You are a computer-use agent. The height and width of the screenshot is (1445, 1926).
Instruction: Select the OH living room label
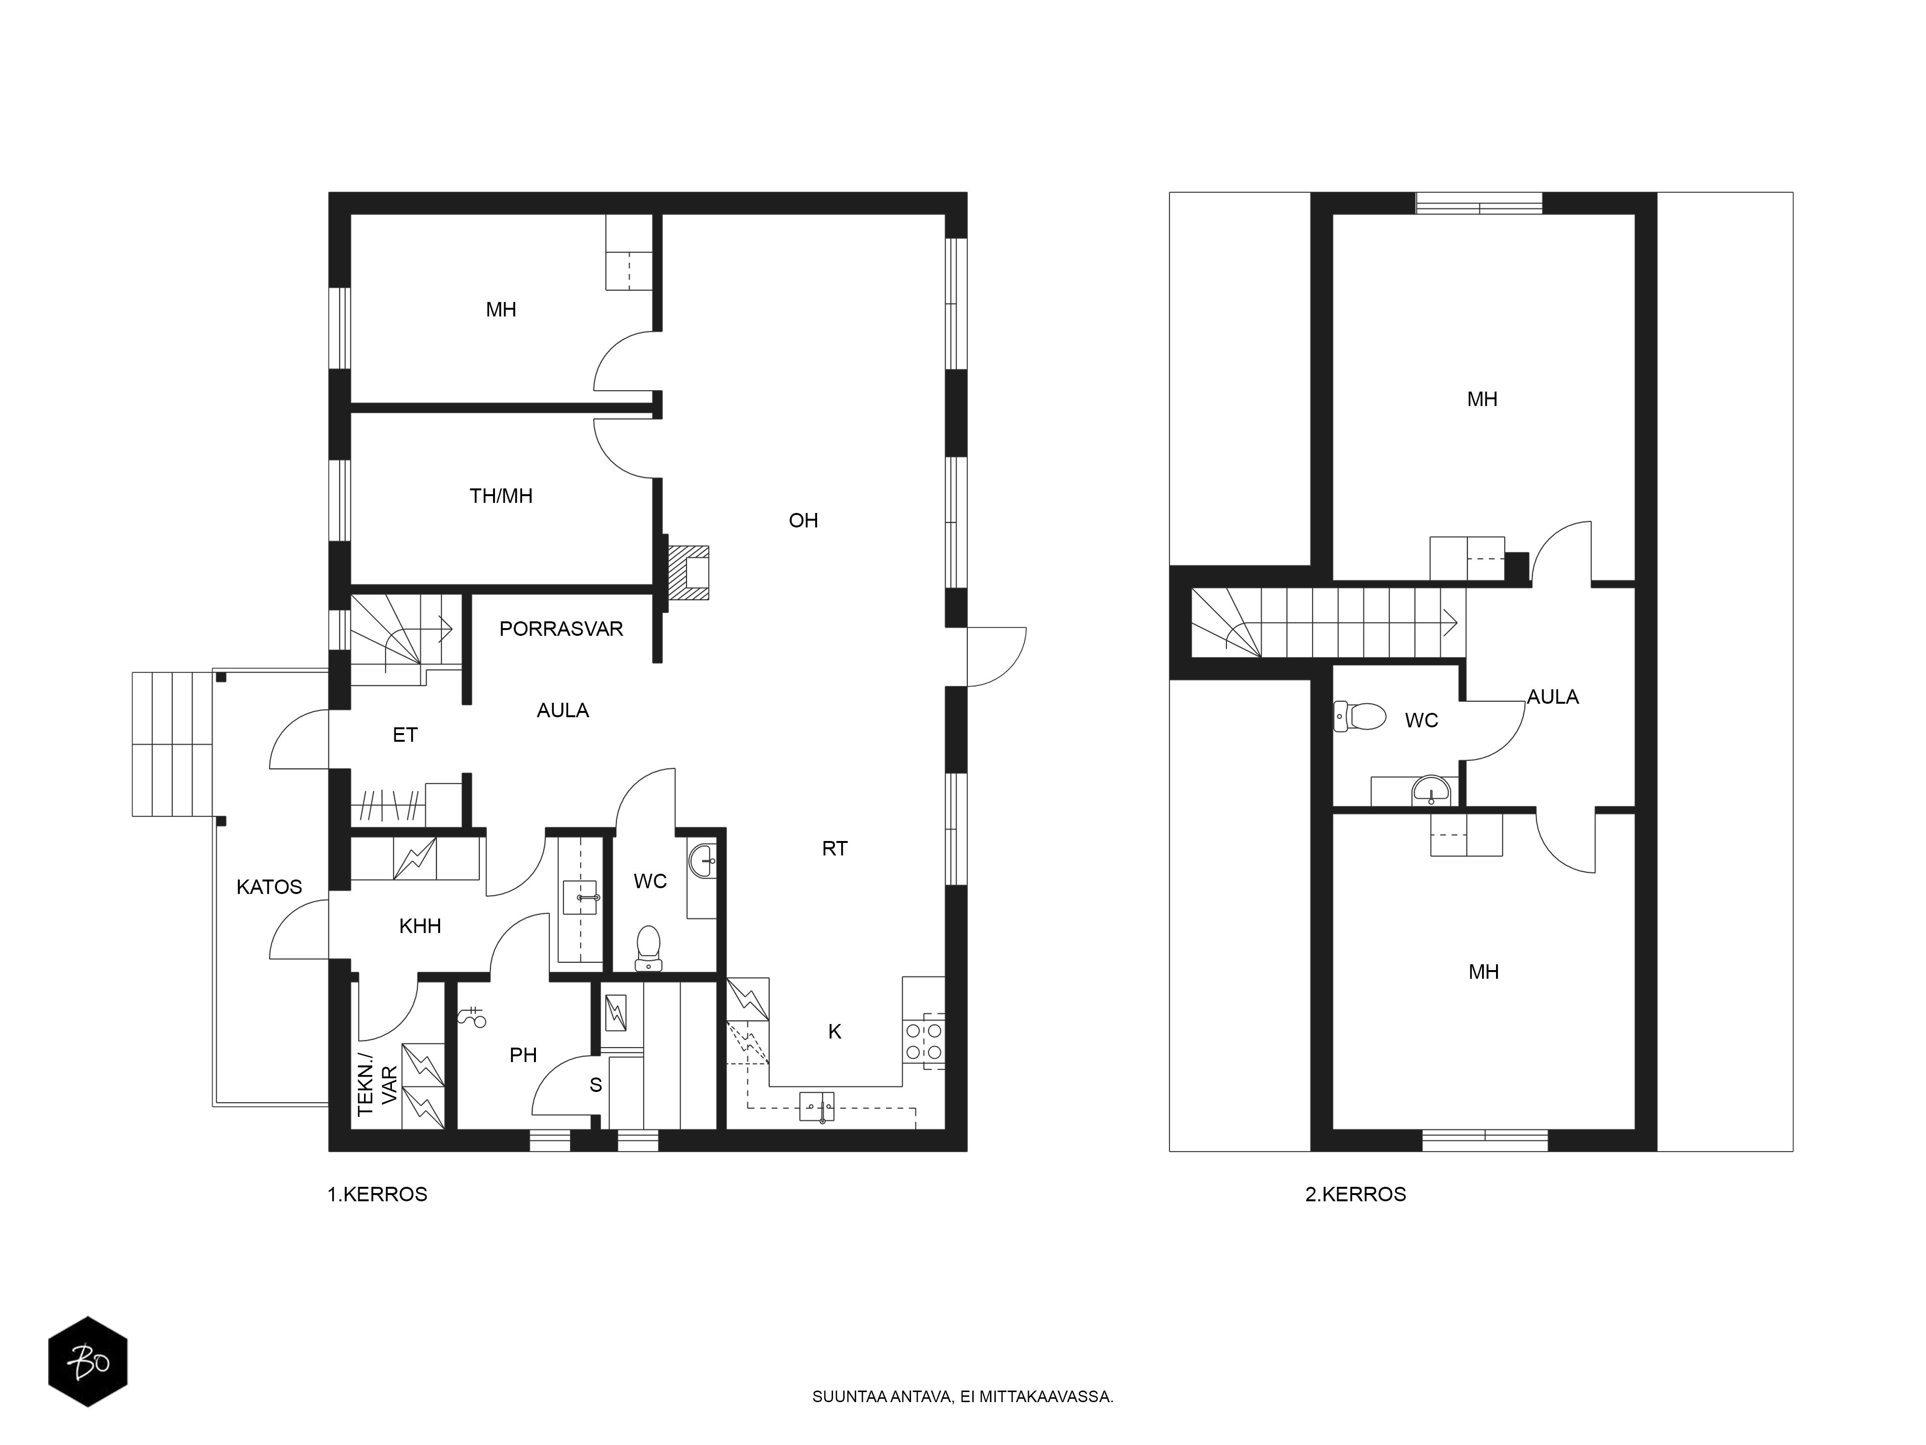click(803, 520)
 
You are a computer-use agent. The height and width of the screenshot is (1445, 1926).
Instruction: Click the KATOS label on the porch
click(269, 887)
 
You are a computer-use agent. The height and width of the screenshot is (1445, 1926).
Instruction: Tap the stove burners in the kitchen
click(924, 1041)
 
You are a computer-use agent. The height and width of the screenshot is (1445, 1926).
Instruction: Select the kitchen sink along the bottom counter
click(817, 1107)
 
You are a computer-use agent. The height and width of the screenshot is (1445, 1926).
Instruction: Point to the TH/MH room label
click(501, 496)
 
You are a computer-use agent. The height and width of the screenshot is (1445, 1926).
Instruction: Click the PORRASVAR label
click(561, 629)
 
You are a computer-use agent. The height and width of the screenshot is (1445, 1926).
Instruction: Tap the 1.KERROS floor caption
click(377, 1194)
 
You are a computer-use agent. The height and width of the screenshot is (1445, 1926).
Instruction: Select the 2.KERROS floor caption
click(1356, 1194)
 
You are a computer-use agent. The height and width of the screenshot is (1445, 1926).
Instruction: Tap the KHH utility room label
click(420, 926)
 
